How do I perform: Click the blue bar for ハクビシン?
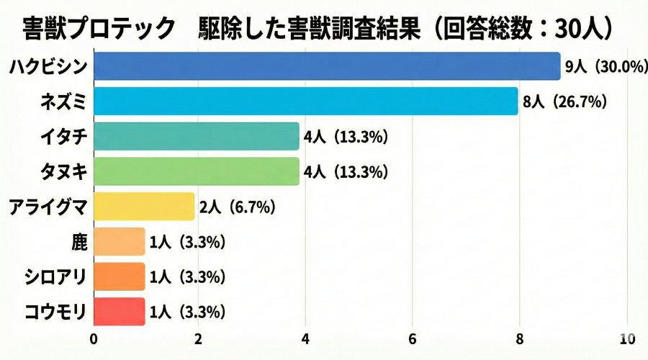[x=327, y=66]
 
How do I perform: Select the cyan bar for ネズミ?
[x=306, y=102]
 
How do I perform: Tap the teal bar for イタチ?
[x=196, y=136]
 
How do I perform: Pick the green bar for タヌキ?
[x=196, y=171]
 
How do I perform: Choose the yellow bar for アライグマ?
[x=144, y=207]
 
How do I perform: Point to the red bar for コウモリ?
[x=119, y=312]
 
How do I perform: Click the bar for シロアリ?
[x=119, y=277]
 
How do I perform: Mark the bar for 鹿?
[x=119, y=242]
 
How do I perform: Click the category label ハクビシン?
[x=48, y=67]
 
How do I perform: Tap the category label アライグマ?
[x=48, y=207]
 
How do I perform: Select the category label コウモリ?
[x=56, y=312]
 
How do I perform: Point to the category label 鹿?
[x=79, y=243]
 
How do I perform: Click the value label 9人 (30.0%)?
[x=603, y=67]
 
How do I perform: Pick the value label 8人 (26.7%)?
[x=564, y=102]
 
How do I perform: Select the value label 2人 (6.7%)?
[x=238, y=207]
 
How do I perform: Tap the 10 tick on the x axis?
[x=626, y=338]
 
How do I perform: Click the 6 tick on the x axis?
[x=413, y=338]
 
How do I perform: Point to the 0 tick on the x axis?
[x=94, y=338]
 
